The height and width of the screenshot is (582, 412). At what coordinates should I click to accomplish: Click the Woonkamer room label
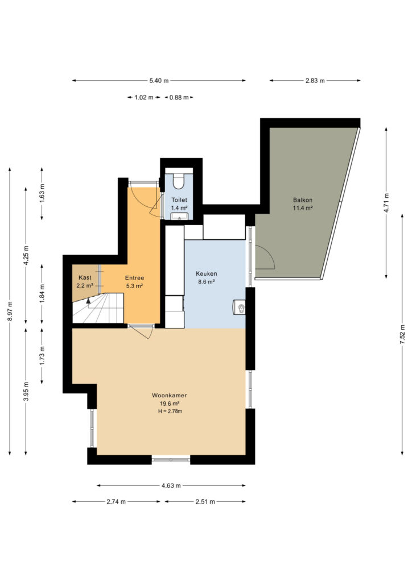(x=169, y=396)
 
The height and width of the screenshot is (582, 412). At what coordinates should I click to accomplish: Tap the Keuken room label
(x=206, y=273)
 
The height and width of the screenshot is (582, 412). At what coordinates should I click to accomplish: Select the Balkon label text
(x=302, y=200)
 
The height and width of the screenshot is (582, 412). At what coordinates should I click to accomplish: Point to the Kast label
(x=85, y=277)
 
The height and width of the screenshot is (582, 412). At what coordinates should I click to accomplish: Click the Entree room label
(x=134, y=277)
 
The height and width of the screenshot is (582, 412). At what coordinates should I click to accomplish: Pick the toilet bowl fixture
(x=179, y=180)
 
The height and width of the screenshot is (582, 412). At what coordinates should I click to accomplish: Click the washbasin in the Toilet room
(x=179, y=215)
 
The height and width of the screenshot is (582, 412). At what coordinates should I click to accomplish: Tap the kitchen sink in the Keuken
(x=239, y=307)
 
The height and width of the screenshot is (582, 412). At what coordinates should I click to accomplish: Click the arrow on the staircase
(x=88, y=301)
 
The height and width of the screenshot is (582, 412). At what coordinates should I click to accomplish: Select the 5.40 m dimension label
(x=159, y=81)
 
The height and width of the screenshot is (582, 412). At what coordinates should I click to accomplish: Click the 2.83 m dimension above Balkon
(x=315, y=81)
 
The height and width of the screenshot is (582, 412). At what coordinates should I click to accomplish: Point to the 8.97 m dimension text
(x=10, y=311)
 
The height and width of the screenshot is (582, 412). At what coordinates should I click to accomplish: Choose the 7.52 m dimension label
(x=402, y=334)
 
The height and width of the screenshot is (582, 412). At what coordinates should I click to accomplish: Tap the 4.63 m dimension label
(x=171, y=485)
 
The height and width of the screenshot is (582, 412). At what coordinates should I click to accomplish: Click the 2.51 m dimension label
(x=205, y=502)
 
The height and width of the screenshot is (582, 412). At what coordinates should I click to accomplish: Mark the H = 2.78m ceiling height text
(x=170, y=411)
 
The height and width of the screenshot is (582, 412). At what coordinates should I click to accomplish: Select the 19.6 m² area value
(x=170, y=404)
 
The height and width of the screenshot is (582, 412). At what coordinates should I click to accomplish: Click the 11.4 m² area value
(x=302, y=208)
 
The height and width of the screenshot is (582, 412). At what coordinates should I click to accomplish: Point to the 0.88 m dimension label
(x=179, y=98)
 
